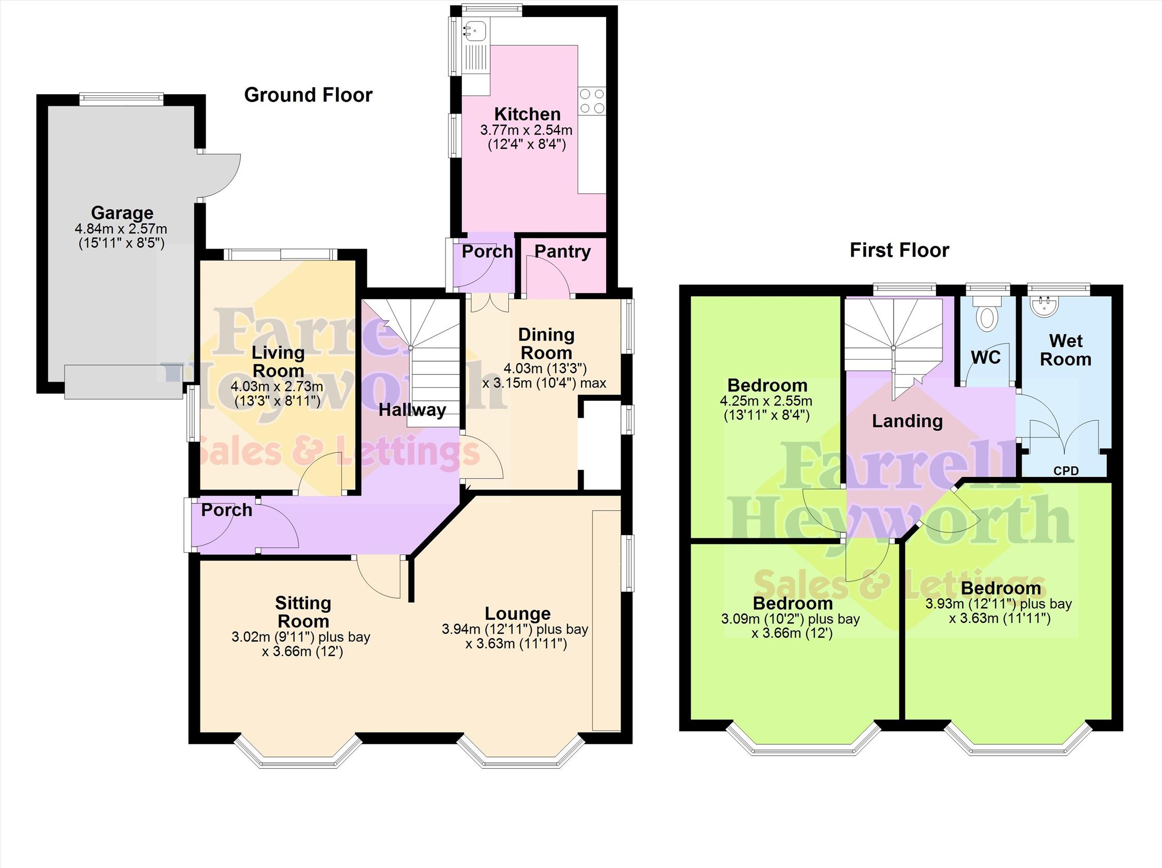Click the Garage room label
[123, 213]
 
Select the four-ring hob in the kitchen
[591, 101]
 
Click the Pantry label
[562, 251]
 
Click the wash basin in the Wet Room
[1044, 308]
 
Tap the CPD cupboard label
[1066, 471]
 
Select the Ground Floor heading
[309, 95]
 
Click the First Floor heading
[899, 250]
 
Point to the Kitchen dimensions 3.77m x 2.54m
[526, 130]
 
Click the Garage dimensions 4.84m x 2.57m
[121, 229]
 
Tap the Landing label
[907, 421]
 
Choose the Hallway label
[413, 410]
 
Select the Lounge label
[518, 614]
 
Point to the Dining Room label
[546, 344]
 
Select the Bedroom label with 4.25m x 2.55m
[767, 385]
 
